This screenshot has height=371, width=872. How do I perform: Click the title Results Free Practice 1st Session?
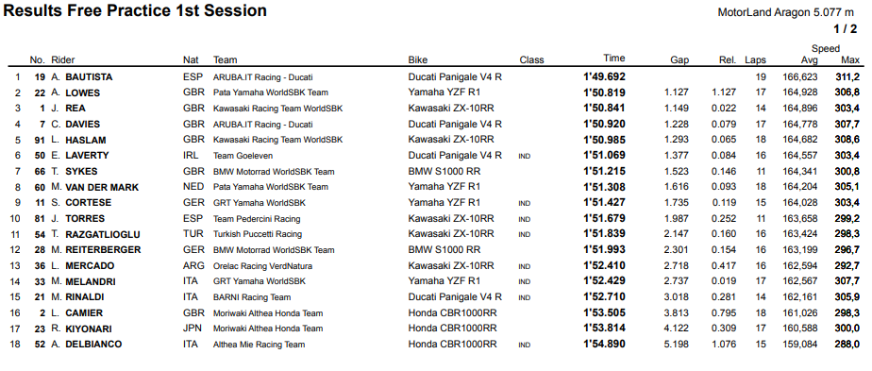(x=135, y=10)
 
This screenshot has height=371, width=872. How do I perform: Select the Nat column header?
(x=191, y=59)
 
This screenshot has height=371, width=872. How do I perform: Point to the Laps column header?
(x=755, y=59)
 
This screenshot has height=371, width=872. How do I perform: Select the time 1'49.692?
(x=604, y=76)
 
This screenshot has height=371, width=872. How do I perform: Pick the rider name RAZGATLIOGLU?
(x=103, y=233)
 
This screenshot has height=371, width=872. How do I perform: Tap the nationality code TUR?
(x=193, y=233)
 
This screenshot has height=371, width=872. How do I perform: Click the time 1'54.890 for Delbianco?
(x=604, y=344)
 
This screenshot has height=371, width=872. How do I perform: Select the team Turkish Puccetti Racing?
(x=258, y=233)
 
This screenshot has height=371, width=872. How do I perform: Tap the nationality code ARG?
(x=193, y=265)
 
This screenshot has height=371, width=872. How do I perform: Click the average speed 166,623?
(x=801, y=76)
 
